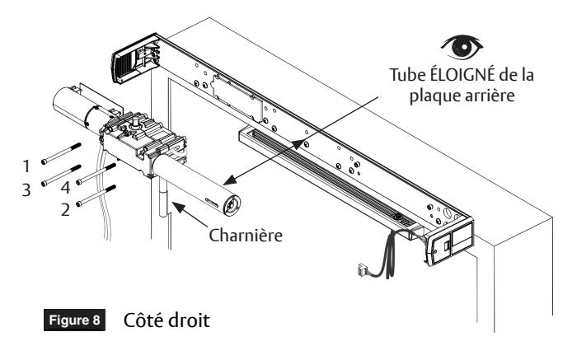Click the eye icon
coord(462,47)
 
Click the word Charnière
coord(246,236)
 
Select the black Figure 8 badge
coord(74,320)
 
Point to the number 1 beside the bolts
coord(26,166)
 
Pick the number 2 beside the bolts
coord(65,210)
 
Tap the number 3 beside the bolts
coord(26,189)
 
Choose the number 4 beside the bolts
coord(65,188)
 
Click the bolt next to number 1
coord(61,153)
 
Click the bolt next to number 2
coord(96,195)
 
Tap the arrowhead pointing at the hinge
coord(179,208)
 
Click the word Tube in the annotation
coord(408,75)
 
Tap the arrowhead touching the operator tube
coord(230,180)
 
